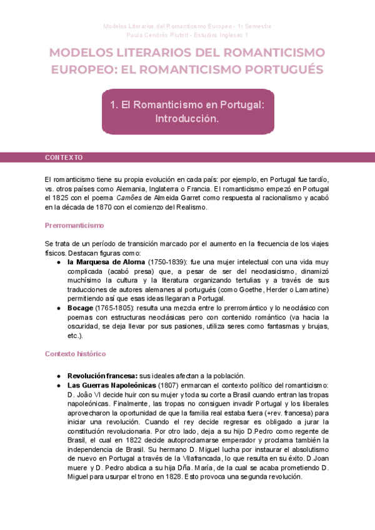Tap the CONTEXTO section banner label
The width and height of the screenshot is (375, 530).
pyautogui.click(x=64, y=157)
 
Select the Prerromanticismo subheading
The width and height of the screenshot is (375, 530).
pyautogui.click(x=74, y=225)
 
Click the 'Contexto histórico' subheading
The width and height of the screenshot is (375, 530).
pyautogui.click(x=75, y=354)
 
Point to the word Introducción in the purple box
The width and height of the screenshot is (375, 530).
pyautogui.click(x=187, y=118)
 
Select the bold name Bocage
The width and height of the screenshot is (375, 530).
pyautogui.click(x=81, y=308)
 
